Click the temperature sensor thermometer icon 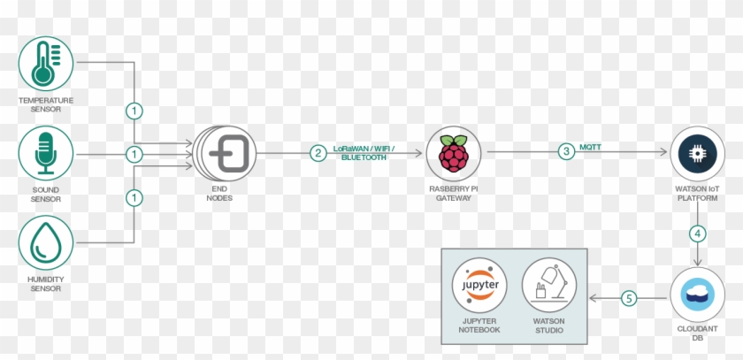[x=46, y=63]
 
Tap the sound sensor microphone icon [x=46, y=154]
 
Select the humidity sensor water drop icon [x=46, y=245]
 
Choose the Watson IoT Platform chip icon [x=698, y=153]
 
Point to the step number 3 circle [x=566, y=153]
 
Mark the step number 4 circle [x=699, y=234]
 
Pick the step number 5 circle [x=629, y=299]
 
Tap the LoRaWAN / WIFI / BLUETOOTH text [x=364, y=153]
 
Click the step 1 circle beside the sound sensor [x=134, y=154]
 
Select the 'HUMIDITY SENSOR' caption [x=46, y=284]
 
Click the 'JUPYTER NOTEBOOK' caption [x=479, y=326]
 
